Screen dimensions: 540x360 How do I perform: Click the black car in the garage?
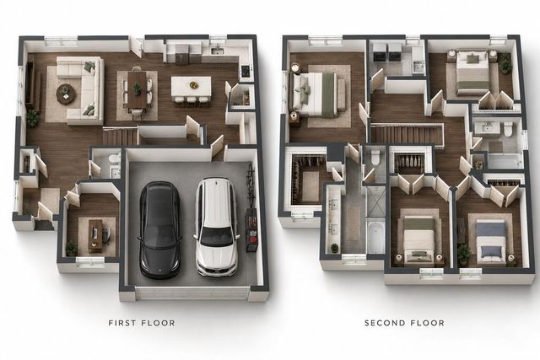point(159,229)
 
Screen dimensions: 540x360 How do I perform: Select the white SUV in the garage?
point(217,227)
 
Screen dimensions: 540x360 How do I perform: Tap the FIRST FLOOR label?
point(142,323)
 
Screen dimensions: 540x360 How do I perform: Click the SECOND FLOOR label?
point(404,323)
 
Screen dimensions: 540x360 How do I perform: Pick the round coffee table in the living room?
point(65,94)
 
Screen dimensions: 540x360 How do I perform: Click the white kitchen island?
point(192,88)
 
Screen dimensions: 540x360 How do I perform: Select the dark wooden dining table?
point(137,89)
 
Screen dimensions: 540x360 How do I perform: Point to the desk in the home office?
point(95,236)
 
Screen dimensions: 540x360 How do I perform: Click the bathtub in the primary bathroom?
point(375,237)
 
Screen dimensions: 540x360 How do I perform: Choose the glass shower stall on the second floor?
point(375,202)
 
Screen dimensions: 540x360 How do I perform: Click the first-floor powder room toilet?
point(114,159)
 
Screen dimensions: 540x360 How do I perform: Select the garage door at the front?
point(192,293)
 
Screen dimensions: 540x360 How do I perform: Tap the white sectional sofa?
point(82,89)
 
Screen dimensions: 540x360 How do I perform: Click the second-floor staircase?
point(407,134)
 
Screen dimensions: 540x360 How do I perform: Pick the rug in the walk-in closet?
point(310,186)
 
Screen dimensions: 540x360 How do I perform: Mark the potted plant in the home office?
point(72,248)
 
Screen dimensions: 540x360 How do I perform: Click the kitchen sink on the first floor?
point(218,51)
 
